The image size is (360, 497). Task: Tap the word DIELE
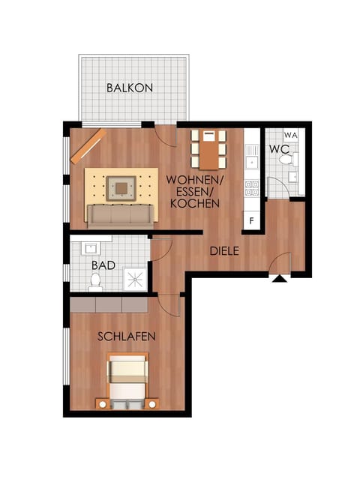point(224,251)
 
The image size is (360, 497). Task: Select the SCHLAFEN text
point(127,337)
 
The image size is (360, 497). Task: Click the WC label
point(279,148)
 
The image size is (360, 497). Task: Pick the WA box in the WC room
point(291,136)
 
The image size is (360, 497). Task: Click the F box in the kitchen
point(252,221)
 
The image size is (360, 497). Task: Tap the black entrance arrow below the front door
point(279,280)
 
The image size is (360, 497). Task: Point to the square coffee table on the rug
point(121,185)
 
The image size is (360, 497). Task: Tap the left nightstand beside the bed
point(101,404)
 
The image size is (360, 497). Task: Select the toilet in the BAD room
point(95,281)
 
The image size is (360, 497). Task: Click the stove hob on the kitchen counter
point(252,187)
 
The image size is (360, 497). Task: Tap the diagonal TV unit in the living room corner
point(88,144)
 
